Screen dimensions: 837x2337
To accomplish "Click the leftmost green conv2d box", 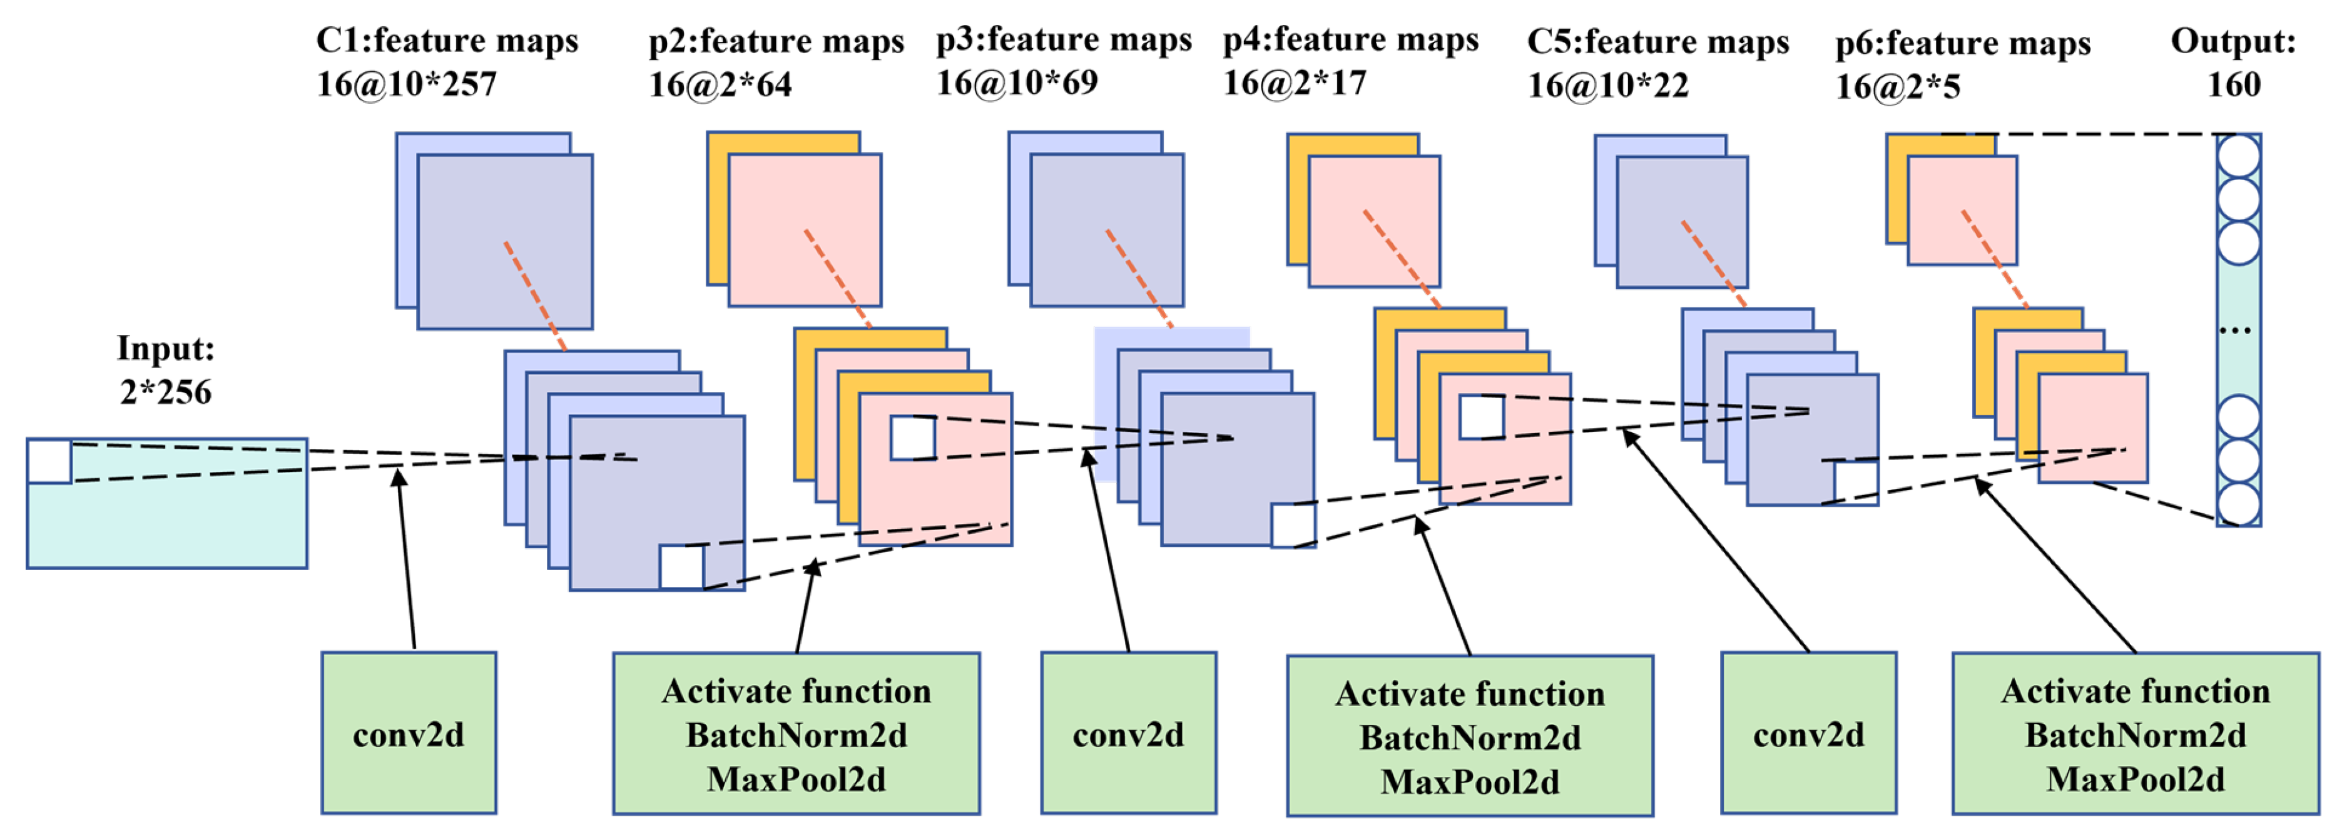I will tap(408, 733).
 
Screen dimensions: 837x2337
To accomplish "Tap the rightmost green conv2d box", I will tap(1808, 733).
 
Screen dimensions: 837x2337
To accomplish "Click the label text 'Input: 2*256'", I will tap(165, 371).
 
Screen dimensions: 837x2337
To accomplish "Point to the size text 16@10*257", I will tap(407, 84).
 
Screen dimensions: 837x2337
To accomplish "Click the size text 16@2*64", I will tap(720, 85).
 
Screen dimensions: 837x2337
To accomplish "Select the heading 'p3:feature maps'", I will tap(1063, 40).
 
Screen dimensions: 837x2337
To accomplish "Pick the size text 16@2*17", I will tap(1294, 83).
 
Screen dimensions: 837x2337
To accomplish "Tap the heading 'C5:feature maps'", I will tap(1657, 42).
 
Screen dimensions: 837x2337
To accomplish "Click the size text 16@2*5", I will tap(1898, 87).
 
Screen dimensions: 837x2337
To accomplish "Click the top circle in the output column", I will tap(2238, 156).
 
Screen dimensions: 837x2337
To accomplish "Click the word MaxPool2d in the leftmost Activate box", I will tap(796, 779).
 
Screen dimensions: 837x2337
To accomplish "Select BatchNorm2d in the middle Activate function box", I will tap(1470, 737).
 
